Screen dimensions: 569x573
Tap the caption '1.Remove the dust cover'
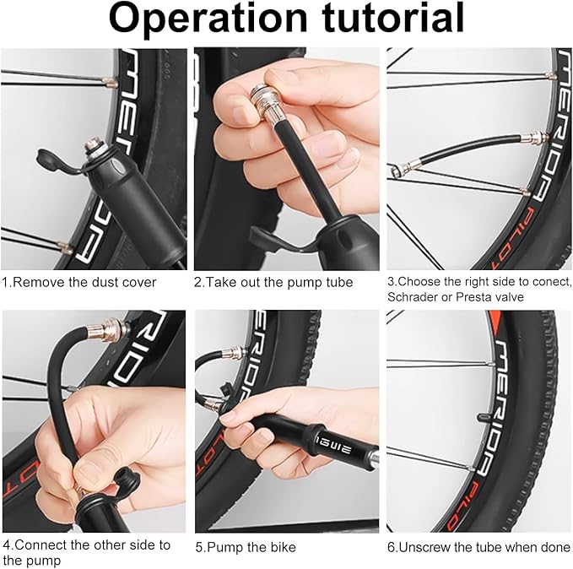(79, 282)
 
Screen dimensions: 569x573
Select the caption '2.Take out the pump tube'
(273, 282)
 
